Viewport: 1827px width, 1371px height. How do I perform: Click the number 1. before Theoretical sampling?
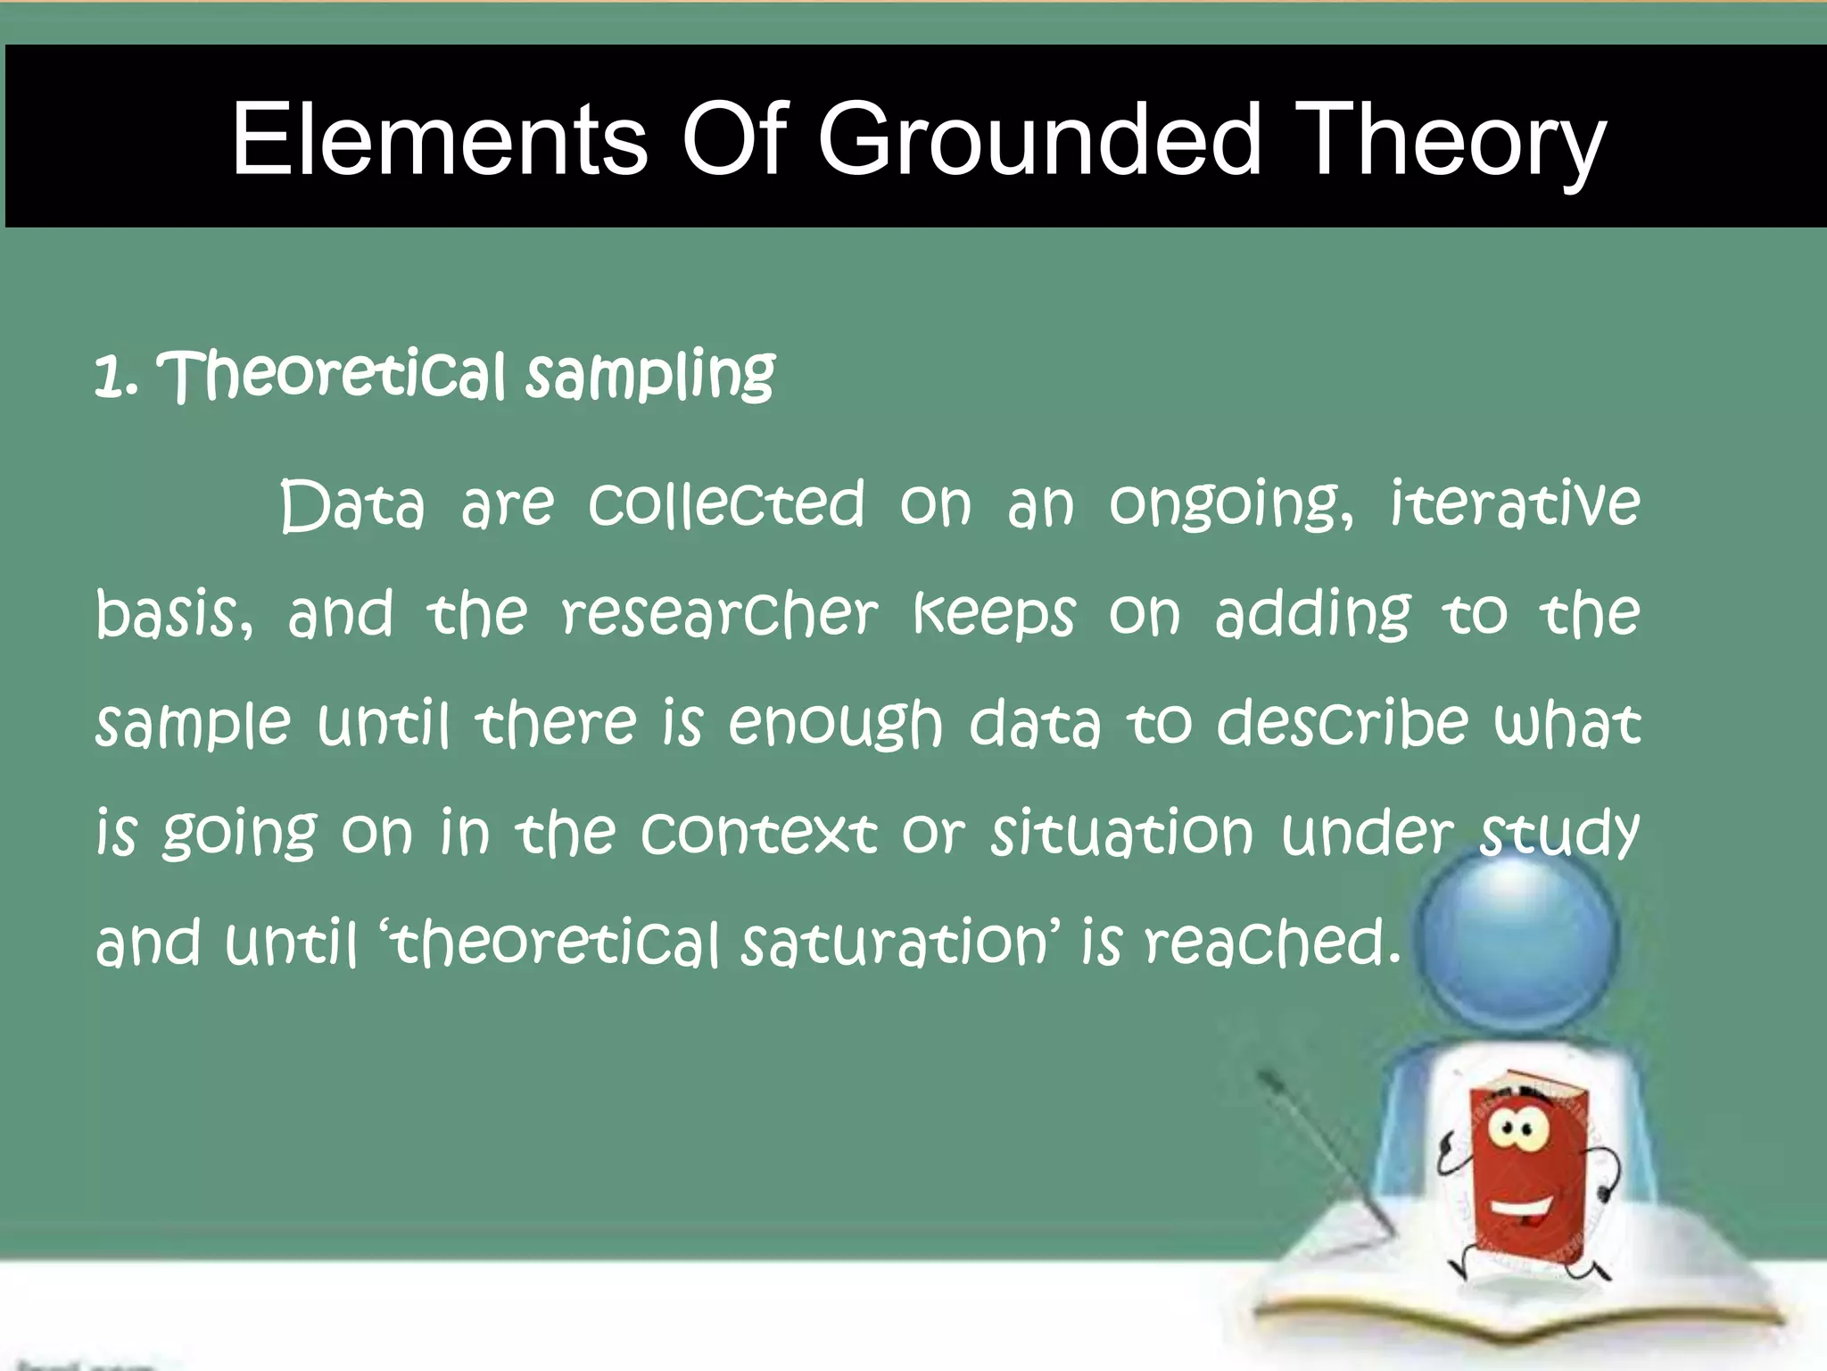(x=116, y=377)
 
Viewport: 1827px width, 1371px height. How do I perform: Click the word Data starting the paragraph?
(x=352, y=506)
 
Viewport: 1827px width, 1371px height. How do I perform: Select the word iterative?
(x=1515, y=504)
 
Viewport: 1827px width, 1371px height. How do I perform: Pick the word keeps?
(x=994, y=616)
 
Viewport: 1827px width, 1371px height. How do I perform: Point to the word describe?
(x=1342, y=723)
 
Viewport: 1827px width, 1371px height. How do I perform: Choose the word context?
(x=759, y=834)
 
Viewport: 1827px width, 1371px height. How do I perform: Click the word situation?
(x=1122, y=834)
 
